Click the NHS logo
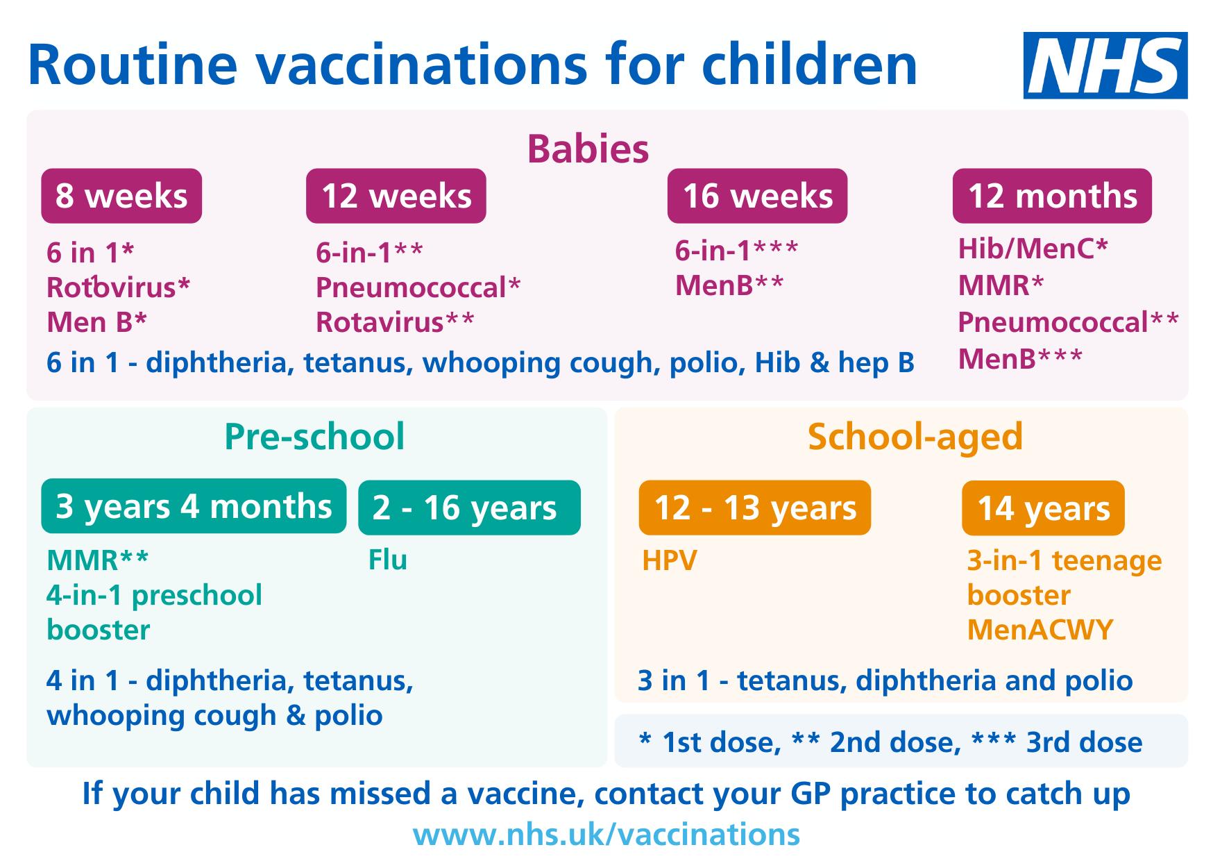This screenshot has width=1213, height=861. click(x=1105, y=65)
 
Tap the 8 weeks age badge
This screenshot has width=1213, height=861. click(x=121, y=196)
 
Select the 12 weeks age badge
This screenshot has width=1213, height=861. click(x=396, y=196)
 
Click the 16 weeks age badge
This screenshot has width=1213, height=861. click(x=757, y=196)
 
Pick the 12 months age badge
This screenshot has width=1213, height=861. click(x=1051, y=196)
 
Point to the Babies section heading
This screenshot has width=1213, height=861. click(x=588, y=149)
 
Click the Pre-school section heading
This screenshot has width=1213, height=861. click(x=314, y=437)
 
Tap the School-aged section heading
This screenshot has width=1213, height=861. click(x=915, y=437)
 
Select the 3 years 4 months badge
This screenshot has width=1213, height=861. click(x=194, y=506)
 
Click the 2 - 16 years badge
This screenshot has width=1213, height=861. click(x=469, y=508)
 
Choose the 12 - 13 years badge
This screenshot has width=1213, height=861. click(x=754, y=508)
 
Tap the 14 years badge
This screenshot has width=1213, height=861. click(x=1043, y=508)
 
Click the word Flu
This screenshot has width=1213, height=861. click(x=387, y=560)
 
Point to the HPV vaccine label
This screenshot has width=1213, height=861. click(x=669, y=560)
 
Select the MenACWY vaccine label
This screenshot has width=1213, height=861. click(x=1040, y=630)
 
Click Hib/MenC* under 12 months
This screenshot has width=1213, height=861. click(x=1033, y=249)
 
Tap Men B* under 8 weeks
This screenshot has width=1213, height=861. click(x=96, y=322)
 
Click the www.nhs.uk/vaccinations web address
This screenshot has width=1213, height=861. click(x=606, y=834)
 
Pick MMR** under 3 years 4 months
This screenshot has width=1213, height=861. click(x=97, y=560)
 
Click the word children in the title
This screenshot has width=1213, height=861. click(x=809, y=65)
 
